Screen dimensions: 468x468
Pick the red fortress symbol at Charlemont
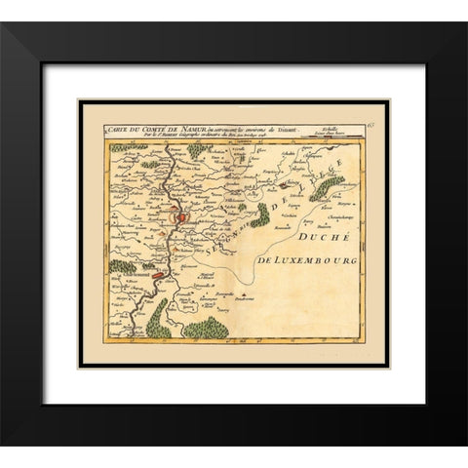[x=157, y=277]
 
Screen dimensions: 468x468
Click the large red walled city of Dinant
[x=180, y=220]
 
